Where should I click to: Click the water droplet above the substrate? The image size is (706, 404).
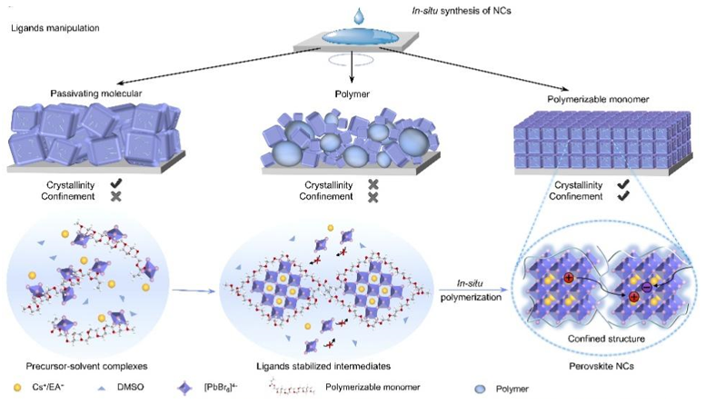pos(358,15)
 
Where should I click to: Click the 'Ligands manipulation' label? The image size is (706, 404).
pos(55,28)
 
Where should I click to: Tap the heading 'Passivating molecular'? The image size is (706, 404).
pos(96,94)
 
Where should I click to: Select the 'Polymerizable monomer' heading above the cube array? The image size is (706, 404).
pos(598,99)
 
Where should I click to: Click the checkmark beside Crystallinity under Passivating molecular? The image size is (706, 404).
pos(116,183)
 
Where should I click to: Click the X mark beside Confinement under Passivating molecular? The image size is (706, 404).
pos(116,196)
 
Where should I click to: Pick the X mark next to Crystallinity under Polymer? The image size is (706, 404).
pos(373,184)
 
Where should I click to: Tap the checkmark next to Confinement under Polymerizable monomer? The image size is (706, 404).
pos(623,196)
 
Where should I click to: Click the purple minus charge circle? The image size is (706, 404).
pos(646,287)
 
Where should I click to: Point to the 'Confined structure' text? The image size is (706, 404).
pos(606,339)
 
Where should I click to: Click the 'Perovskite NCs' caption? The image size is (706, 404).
pos(602,366)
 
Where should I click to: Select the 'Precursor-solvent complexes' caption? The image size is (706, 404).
pos(86,366)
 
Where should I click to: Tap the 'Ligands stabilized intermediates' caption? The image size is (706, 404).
pos(323,366)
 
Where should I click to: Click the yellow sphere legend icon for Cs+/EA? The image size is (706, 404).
pos(17,388)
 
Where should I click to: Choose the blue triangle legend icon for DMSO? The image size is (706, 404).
pos(102,388)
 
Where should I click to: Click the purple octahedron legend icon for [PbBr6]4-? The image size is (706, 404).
pos(184,389)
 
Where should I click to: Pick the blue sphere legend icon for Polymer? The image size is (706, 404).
pos(481,389)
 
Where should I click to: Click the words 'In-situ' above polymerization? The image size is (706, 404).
pos(470,283)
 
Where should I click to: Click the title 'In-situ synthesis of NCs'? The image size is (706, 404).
pos(462,10)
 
